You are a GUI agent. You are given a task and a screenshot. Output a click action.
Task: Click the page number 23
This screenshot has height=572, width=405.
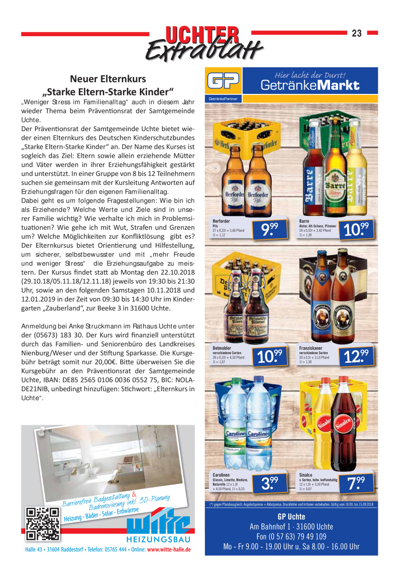pos(357,33)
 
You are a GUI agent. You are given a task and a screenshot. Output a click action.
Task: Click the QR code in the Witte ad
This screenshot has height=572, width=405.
pos(43,523)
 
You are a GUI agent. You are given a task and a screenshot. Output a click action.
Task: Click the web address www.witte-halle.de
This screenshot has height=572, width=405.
pos(169,549)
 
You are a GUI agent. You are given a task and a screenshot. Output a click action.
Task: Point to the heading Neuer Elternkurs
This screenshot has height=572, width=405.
pos(108,78)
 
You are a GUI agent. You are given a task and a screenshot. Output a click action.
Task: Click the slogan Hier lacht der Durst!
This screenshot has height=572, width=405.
pos(310,75)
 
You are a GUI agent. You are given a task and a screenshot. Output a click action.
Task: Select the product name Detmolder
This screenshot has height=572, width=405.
pos(222,348)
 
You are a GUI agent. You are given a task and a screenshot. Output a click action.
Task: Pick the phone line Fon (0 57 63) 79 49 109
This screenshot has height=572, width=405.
pos(291,537)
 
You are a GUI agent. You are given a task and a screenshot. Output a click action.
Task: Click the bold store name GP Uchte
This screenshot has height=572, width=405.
pos(291,517)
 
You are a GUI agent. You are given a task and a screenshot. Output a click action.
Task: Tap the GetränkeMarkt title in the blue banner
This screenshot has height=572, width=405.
pos(310,86)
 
